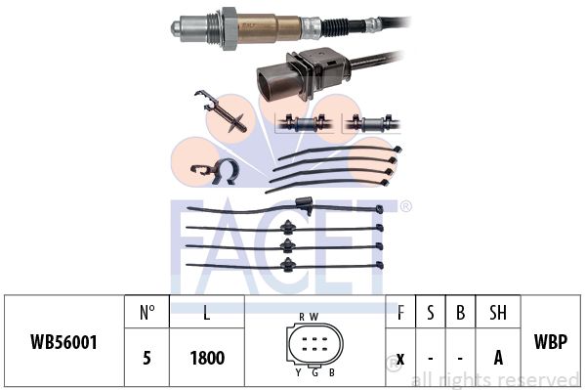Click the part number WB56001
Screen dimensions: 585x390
63,342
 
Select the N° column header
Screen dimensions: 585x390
147,313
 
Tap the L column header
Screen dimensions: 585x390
207,313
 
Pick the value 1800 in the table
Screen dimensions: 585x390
207,358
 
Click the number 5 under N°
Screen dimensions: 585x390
147,358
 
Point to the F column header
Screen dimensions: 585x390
400,313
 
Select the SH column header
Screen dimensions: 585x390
498,313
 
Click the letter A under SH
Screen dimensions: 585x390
498,358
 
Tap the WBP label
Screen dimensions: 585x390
551,341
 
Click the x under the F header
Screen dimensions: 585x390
400,359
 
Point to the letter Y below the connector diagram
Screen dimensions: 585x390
298,372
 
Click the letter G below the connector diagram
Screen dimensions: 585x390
314,372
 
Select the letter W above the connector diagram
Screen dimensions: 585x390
313,317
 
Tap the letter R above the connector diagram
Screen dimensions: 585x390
302,317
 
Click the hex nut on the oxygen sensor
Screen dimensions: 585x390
229,28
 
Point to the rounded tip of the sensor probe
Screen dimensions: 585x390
175,28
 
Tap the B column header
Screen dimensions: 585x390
460,313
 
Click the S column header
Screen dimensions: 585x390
430,313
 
